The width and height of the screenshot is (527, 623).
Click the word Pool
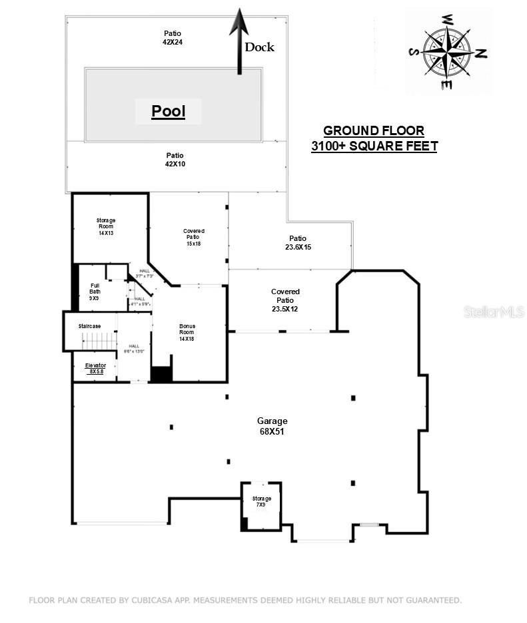coord(168,111)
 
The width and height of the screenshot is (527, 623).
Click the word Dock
coord(259,47)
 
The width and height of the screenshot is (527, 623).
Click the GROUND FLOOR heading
coord(373,131)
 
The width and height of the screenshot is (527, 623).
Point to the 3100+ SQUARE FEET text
coord(374,146)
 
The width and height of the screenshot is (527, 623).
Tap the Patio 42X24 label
coord(173,37)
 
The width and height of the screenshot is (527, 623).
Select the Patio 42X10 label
coord(175,159)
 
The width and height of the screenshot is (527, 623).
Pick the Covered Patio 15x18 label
coord(193,237)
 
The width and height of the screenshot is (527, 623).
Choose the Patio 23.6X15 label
coord(298,242)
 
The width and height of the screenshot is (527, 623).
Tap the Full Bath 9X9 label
coord(95,292)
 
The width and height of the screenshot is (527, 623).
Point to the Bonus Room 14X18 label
coord(187,332)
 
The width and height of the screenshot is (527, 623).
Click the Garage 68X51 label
coord(272,425)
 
